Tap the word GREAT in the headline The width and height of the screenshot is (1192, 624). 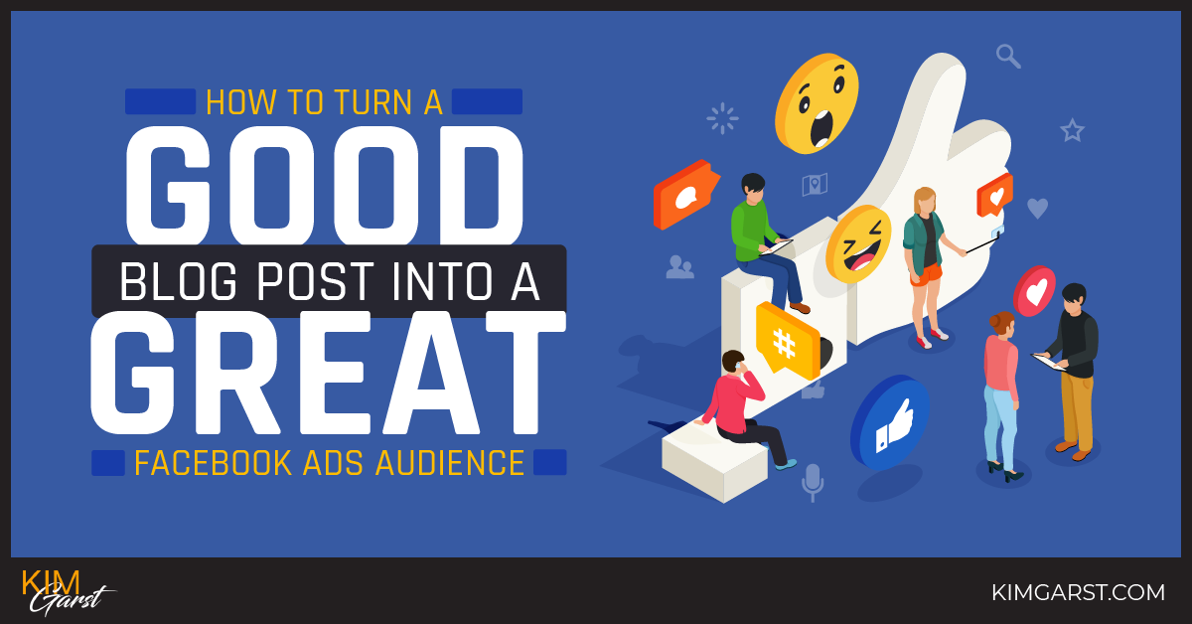(x=328, y=376)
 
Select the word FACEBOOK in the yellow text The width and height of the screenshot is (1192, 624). (x=211, y=463)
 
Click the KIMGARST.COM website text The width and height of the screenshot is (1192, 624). (x=1078, y=592)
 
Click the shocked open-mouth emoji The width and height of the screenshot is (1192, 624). (x=817, y=103)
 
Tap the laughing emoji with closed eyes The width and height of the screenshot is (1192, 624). (x=859, y=243)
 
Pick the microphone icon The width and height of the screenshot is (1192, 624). (x=813, y=481)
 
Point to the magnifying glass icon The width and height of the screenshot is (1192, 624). (x=1008, y=56)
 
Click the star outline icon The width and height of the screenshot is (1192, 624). (x=1072, y=130)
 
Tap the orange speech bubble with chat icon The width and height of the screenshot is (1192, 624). (x=685, y=194)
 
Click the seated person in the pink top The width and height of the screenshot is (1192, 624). (x=740, y=405)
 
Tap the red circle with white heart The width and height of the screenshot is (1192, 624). (x=1034, y=290)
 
